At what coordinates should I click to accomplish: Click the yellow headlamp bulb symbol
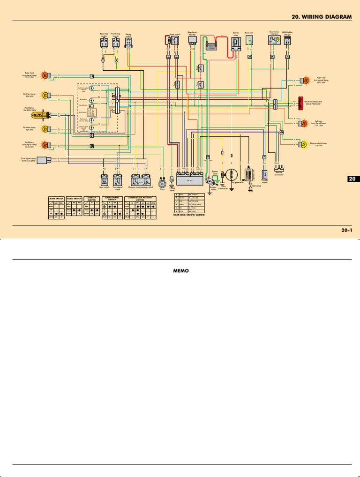[x=39, y=115]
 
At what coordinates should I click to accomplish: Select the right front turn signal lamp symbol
[x=45, y=75]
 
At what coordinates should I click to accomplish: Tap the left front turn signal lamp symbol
[x=45, y=144]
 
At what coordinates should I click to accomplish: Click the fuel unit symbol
[x=249, y=42]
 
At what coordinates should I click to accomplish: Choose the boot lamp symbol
[x=273, y=41]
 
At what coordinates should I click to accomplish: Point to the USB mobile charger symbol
[x=287, y=41]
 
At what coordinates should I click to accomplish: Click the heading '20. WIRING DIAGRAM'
[x=321, y=16]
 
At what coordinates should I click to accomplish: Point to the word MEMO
[x=180, y=271]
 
